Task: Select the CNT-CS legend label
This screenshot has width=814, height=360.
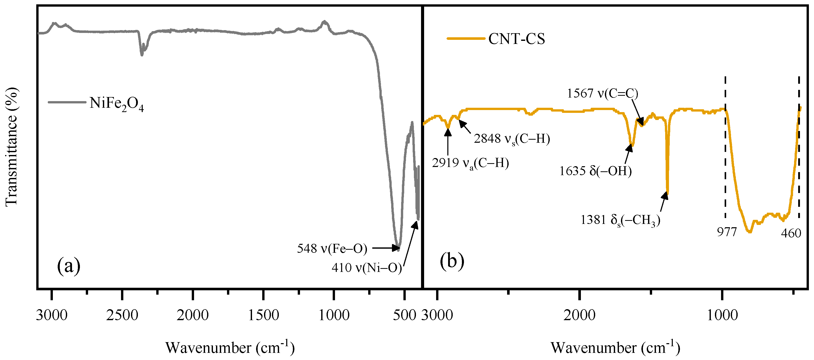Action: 516,39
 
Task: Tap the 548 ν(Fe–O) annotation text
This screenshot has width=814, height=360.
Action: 332,249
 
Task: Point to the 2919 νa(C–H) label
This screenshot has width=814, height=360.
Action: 470,163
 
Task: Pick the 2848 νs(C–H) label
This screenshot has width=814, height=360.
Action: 512,139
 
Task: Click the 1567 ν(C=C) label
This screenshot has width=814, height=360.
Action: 602,93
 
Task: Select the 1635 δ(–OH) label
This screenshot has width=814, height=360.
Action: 595,171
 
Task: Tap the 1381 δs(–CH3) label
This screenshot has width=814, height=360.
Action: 620,220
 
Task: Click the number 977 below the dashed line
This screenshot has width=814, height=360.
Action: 726,232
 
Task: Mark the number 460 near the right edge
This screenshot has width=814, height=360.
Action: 791,233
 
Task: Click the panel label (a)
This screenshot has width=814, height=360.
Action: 69,266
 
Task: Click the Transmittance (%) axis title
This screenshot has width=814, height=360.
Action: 11,147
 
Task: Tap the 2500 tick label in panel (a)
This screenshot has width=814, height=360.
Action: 122,315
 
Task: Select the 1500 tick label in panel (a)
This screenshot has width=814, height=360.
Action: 263,315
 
